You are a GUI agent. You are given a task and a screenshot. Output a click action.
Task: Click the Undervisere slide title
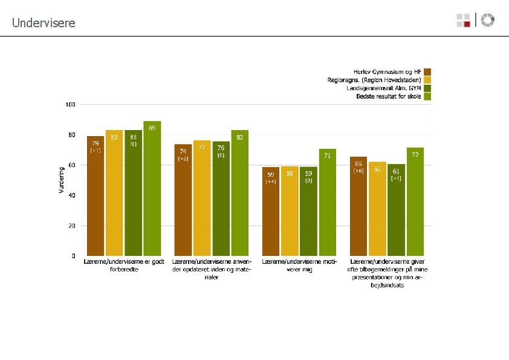44,23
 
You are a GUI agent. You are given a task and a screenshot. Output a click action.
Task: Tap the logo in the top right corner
476,20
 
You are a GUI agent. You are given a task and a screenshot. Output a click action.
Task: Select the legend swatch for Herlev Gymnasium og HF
427,71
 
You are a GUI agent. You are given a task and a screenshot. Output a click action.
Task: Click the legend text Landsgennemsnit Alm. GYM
384,88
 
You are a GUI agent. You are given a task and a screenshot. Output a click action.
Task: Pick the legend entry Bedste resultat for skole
389,96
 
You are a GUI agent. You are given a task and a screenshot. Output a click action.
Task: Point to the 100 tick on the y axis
70,105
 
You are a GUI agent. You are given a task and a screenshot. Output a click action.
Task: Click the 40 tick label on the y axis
71,195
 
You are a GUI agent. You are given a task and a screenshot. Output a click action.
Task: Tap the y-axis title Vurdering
61,180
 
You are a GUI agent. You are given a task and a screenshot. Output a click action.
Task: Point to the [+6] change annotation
358,171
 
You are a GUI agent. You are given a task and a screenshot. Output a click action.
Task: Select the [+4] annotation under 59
271,182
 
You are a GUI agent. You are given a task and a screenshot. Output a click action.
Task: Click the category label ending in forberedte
125,266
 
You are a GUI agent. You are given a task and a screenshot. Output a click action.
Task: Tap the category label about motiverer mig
299,266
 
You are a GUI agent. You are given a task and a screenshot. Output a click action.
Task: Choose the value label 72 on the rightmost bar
415,155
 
